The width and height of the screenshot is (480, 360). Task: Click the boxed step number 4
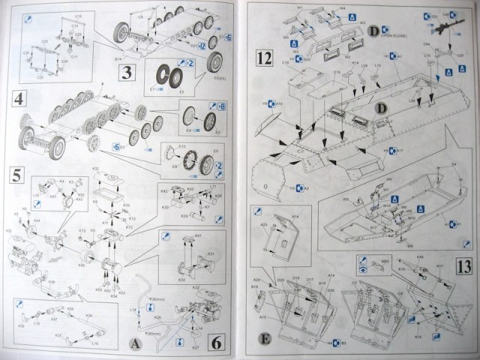(17, 97)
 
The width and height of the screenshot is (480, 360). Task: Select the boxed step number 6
(216, 343)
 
